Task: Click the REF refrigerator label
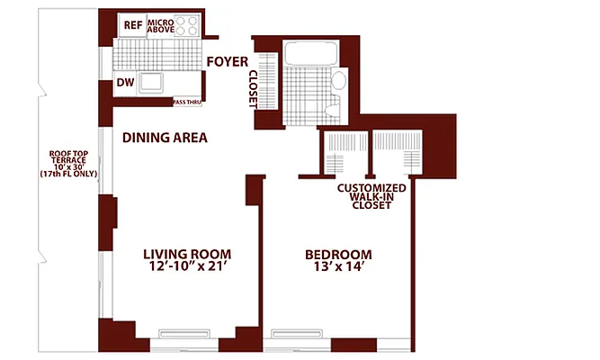tap(133, 25)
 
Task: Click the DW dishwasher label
tap(126, 84)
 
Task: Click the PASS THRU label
tap(189, 102)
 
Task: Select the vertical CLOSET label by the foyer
tap(253, 90)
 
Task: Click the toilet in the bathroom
tap(334, 111)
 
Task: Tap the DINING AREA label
tap(165, 139)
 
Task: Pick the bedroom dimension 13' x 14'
tap(338, 267)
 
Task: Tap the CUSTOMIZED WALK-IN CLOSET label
tap(372, 196)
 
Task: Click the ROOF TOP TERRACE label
tap(67, 158)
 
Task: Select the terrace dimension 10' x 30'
tap(67, 166)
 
